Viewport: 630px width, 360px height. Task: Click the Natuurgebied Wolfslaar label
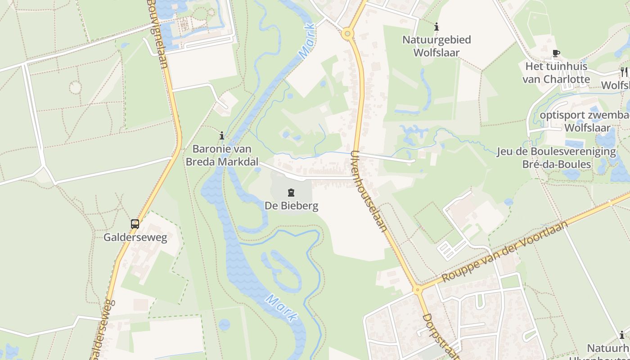tap(436, 46)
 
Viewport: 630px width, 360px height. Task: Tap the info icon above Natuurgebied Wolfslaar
tap(436, 27)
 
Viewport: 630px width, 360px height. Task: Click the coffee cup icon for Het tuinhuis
tap(556, 53)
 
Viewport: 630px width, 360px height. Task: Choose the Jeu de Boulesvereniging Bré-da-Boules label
tap(556, 157)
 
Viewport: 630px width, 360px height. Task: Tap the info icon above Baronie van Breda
tap(221, 135)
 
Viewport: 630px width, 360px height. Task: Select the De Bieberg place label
tap(291, 206)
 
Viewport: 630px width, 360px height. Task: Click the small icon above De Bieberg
tap(291, 193)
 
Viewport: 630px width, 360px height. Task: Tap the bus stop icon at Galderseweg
tap(135, 224)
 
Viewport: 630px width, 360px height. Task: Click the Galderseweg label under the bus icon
tap(135, 238)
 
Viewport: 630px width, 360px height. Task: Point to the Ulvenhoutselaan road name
tap(369, 191)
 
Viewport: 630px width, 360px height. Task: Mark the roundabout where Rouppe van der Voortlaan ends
tap(418, 290)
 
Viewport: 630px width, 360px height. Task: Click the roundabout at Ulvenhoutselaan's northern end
tap(347, 33)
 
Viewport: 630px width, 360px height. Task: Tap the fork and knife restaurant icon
tap(624, 71)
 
